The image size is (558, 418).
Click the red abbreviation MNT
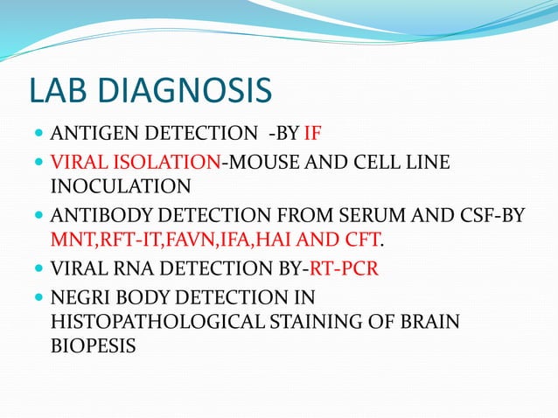click(72, 240)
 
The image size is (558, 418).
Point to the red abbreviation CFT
click(365, 240)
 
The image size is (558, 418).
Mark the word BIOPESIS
click(93, 345)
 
